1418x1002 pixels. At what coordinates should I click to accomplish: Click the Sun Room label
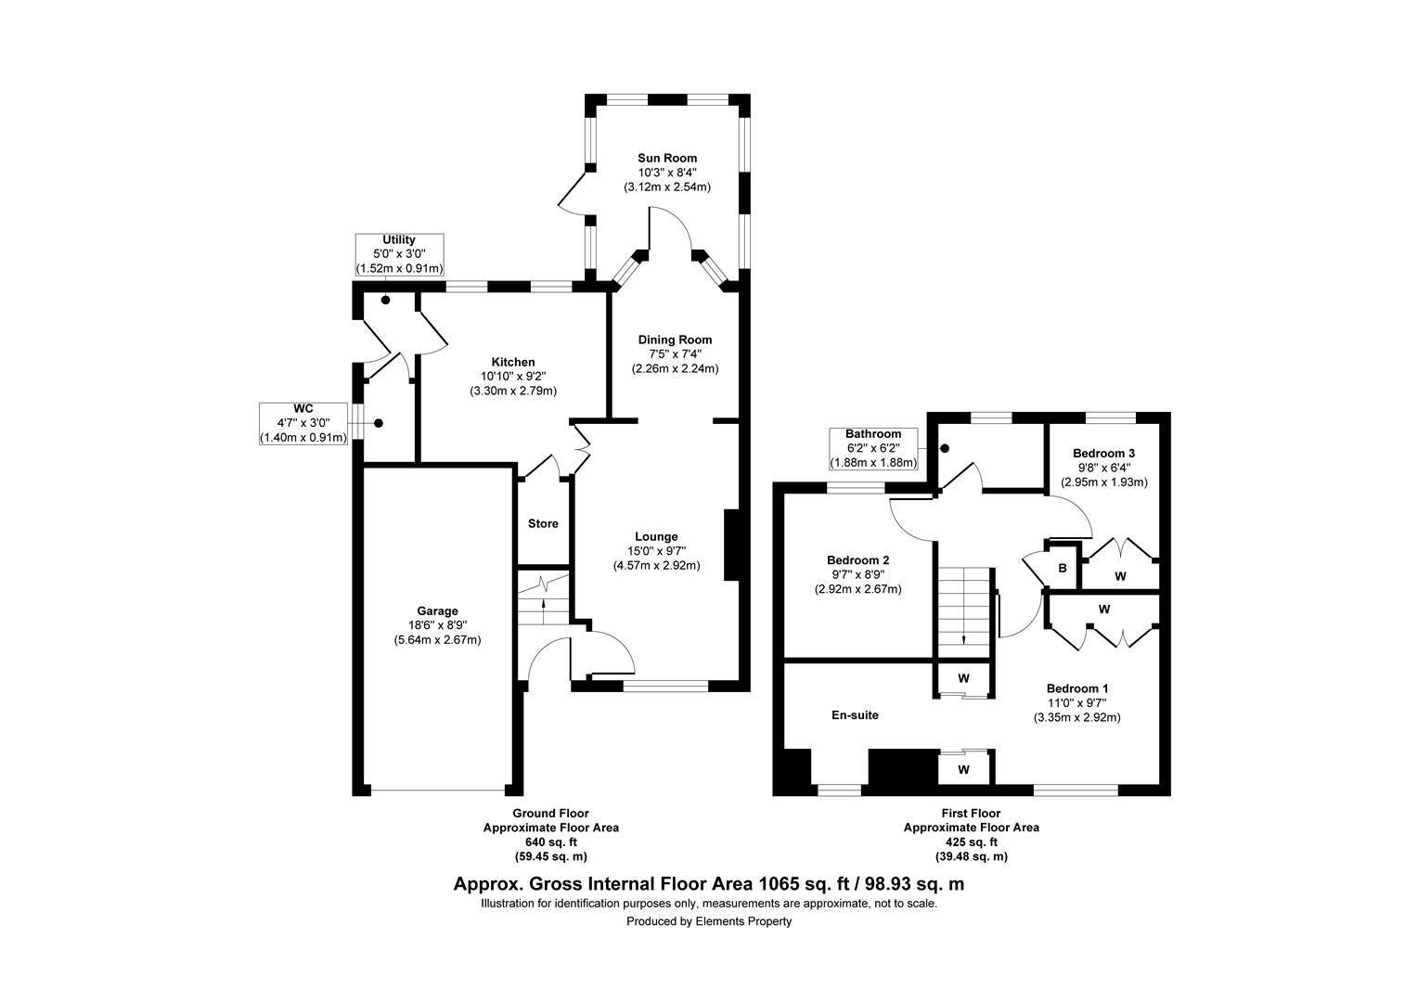(x=666, y=158)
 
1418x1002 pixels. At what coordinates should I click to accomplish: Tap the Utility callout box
(x=399, y=254)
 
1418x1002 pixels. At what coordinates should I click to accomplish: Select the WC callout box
(x=303, y=423)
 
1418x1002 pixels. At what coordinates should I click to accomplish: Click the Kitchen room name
(x=513, y=362)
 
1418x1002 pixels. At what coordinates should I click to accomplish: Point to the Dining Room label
(x=675, y=340)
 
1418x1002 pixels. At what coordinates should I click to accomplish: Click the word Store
(x=543, y=523)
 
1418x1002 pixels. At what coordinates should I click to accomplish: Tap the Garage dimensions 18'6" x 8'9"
(x=437, y=625)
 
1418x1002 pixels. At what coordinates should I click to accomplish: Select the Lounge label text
(x=656, y=536)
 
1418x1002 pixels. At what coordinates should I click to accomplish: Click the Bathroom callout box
(x=872, y=448)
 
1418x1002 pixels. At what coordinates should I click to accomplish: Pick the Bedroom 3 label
(x=1103, y=453)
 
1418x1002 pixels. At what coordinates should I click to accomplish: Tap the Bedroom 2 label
(x=857, y=560)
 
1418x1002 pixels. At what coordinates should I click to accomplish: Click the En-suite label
(x=854, y=715)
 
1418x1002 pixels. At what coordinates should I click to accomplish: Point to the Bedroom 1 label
(x=1076, y=688)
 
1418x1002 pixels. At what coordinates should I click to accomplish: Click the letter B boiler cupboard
(x=1063, y=568)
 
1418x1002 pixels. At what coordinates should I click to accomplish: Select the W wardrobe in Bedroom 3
(x=1120, y=576)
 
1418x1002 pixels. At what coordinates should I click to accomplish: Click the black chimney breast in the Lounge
(x=731, y=545)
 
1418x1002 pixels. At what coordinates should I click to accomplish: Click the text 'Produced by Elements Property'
(x=708, y=921)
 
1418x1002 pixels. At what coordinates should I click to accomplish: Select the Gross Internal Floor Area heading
(x=708, y=884)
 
